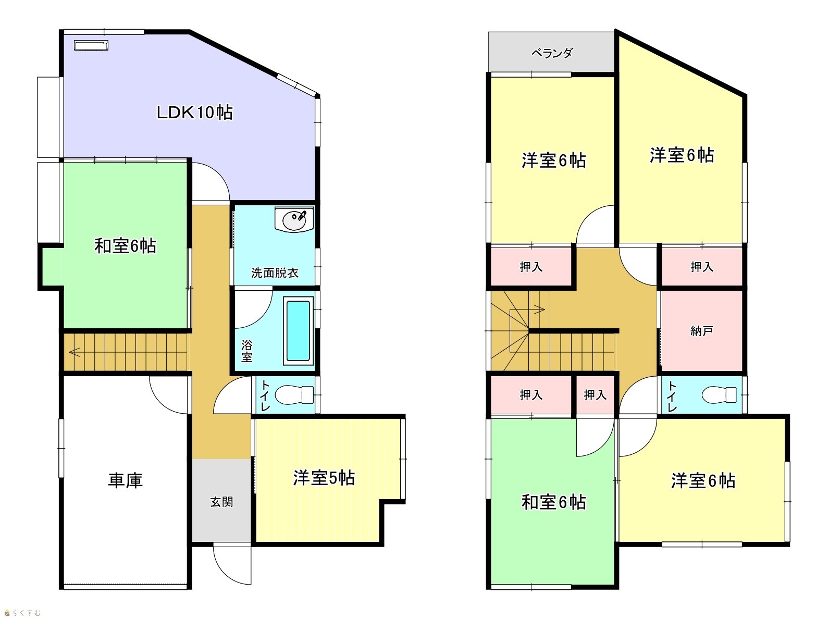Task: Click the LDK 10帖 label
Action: [x=194, y=112]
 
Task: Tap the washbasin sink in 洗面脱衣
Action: [x=294, y=219]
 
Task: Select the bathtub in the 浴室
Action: [x=298, y=331]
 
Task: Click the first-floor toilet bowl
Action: [x=294, y=395]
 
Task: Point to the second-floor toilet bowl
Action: [x=719, y=395]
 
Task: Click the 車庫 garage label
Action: [x=126, y=480]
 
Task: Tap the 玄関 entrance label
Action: [x=221, y=502]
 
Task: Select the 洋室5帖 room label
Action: [x=324, y=478]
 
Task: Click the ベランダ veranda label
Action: [x=552, y=53]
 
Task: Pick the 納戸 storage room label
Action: [x=702, y=331]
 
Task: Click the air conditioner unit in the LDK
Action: [x=91, y=45]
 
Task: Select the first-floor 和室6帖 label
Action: [x=125, y=246]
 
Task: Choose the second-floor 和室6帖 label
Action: [x=554, y=502]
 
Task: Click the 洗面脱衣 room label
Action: [x=275, y=273]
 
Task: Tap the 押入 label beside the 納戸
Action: [x=702, y=267]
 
